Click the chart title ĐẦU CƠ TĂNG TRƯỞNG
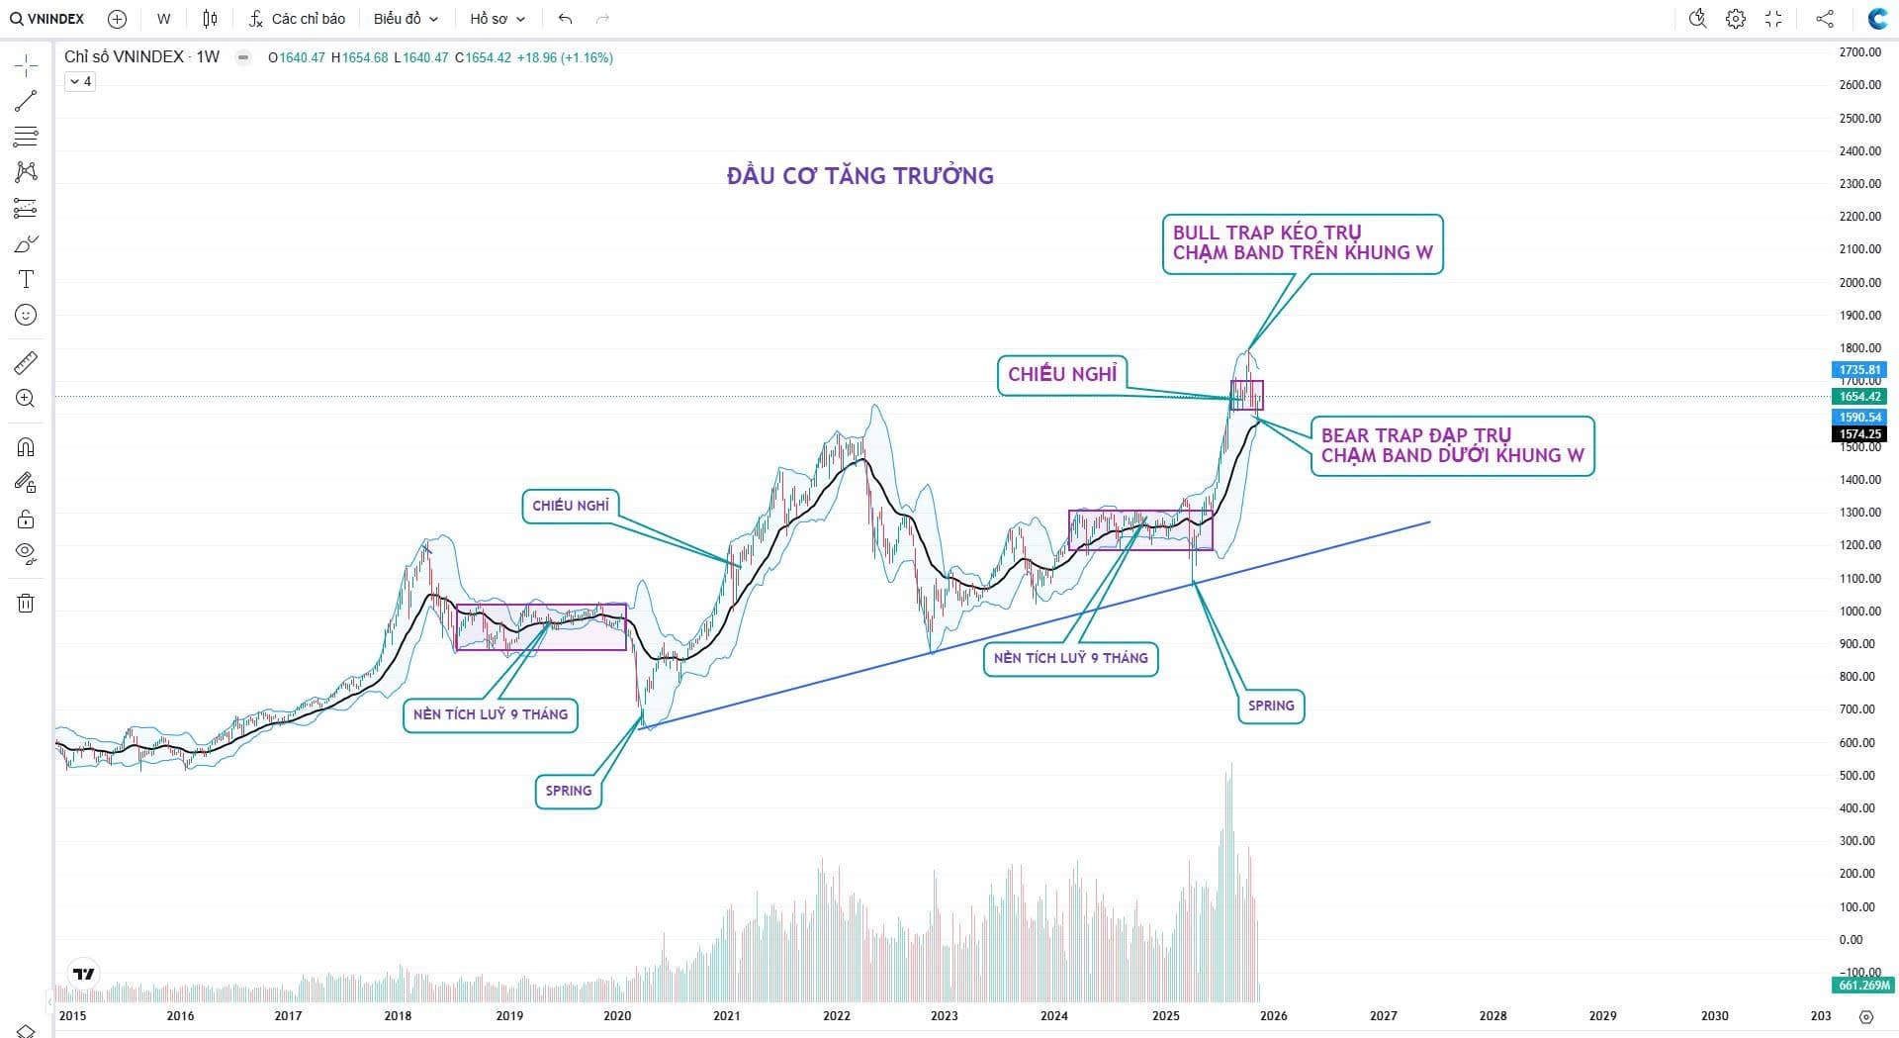pos(859,176)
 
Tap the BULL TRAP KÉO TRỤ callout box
pos(1302,243)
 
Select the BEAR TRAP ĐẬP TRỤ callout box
pos(1452,446)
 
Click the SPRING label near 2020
pos(569,791)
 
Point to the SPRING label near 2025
pos(1271,706)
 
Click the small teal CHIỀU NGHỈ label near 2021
pos(571,506)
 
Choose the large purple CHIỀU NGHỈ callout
pos(1062,374)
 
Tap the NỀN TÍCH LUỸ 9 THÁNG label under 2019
pos(491,714)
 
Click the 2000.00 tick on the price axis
pos(1859,283)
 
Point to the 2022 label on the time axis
pos(836,1015)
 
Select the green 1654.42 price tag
pos(1859,397)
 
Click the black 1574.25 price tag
pos(1859,434)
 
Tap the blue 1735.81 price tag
pos(1859,370)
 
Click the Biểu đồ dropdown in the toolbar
pos(406,19)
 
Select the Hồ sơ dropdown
pos(497,19)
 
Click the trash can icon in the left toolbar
pos(26,603)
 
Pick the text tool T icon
pos(26,279)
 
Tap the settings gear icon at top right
pos(1736,19)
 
